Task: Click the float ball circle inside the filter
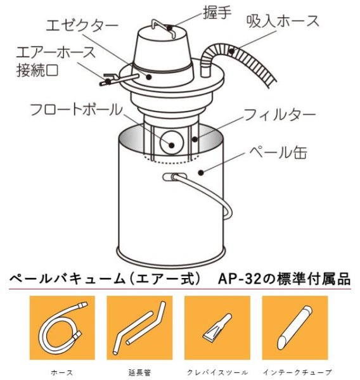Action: pyautogui.click(x=170, y=141)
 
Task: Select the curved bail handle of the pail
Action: pyautogui.click(x=209, y=193)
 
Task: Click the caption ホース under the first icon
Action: pyautogui.click(x=61, y=372)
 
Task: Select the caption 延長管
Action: pyautogui.click(x=139, y=372)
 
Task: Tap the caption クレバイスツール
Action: pyautogui.click(x=217, y=372)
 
